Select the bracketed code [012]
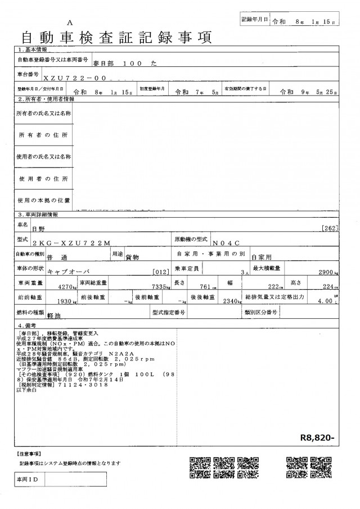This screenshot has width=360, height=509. [x=161, y=272]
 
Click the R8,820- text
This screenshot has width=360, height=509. [x=318, y=436]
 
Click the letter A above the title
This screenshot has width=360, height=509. [x=70, y=22]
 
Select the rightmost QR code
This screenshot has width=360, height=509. [x=321, y=466]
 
